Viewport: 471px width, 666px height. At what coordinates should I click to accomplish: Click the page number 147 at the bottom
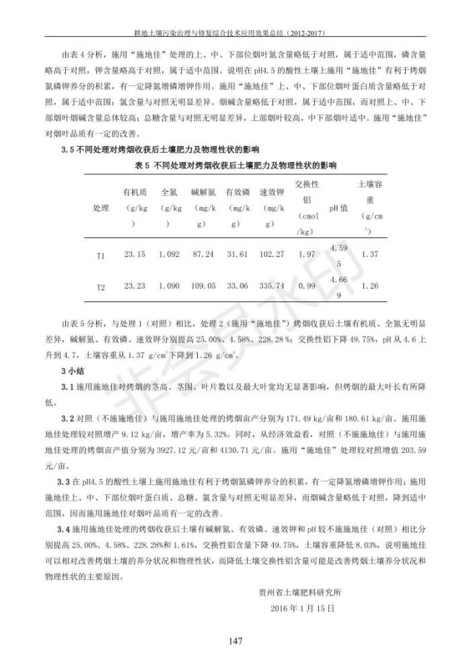[235, 641]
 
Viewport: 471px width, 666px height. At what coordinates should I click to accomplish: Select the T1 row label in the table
[100, 256]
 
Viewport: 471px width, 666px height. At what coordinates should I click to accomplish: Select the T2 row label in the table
[100, 287]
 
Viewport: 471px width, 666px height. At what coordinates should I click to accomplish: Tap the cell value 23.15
[135, 254]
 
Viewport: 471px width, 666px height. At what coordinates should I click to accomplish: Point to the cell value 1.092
[169, 254]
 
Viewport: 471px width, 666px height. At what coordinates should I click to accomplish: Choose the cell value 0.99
[306, 286]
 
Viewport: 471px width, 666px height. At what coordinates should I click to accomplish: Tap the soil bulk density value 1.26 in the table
[369, 286]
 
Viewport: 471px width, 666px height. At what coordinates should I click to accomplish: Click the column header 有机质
[135, 192]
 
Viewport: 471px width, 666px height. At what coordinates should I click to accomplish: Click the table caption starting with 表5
[235, 165]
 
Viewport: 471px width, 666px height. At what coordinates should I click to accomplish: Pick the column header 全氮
[169, 192]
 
